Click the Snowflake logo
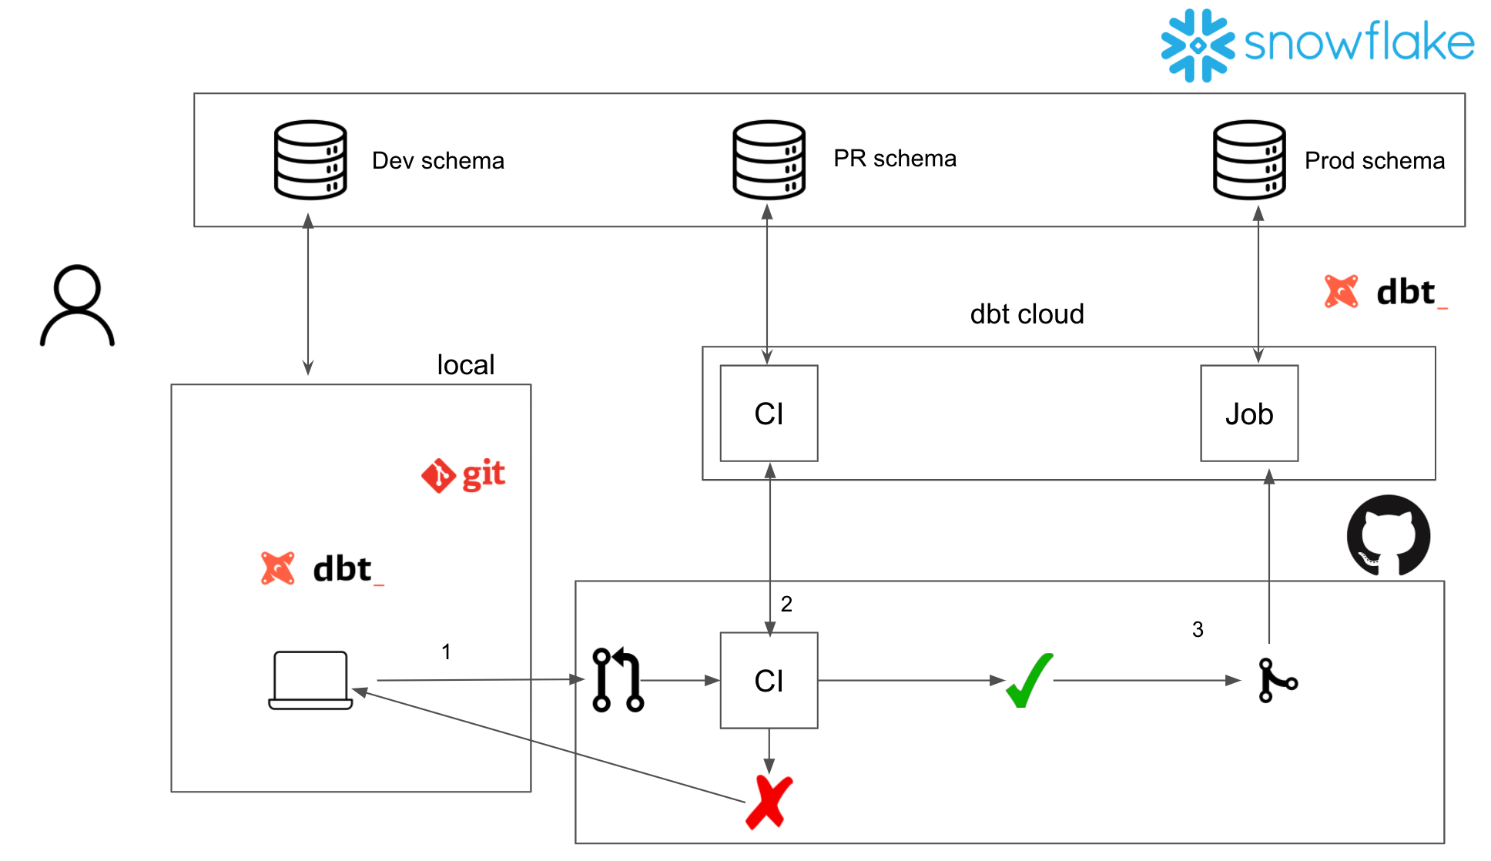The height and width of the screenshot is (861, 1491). pos(1317,44)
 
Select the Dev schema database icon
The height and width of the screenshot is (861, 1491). pos(310,159)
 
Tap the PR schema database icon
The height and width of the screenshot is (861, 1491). pos(769,159)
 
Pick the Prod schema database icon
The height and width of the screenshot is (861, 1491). pos(1248,159)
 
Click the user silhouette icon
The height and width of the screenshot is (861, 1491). pos(77,306)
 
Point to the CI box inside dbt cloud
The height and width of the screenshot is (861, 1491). pos(769,414)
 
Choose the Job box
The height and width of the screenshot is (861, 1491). pos(1248,414)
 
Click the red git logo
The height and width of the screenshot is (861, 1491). pos(463,474)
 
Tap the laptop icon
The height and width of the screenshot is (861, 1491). pos(310,680)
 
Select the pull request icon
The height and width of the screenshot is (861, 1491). pos(618,680)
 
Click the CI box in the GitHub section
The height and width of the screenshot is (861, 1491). pos(769,681)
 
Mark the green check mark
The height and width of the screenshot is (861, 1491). pos(1029,680)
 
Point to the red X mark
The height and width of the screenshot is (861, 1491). pos(769,802)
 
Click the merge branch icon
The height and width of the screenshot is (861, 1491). pos(1277,680)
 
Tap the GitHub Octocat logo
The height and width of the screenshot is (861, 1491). pos(1388,536)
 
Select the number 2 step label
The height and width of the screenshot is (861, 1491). pos(786,604)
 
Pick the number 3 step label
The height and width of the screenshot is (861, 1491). pos(1198,629)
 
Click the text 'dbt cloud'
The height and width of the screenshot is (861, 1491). pos(1027,314)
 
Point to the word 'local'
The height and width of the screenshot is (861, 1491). pos(465,364)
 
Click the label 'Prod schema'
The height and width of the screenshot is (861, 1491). pos(1374,160)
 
